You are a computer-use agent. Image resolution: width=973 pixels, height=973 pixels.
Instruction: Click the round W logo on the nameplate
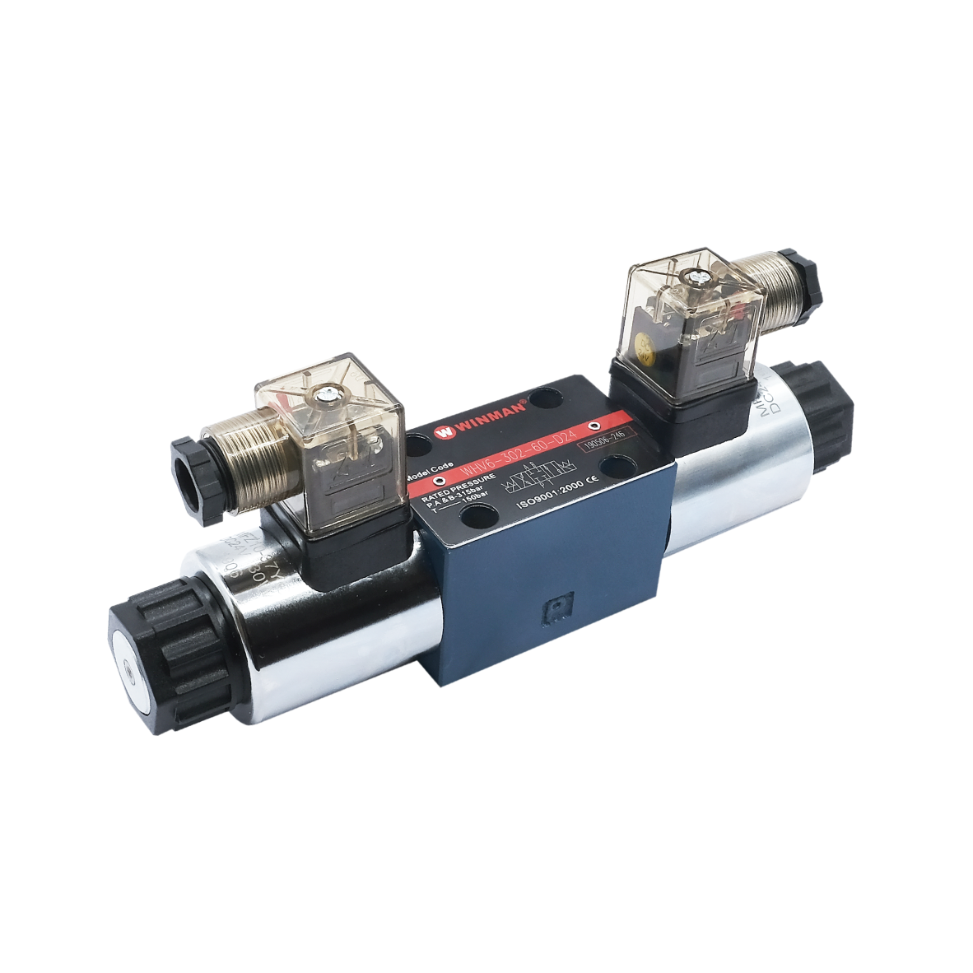point(445,430)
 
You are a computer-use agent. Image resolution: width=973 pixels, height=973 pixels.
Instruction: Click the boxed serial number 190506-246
point(603,443)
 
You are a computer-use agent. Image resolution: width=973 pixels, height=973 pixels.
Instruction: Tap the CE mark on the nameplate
point(591,483)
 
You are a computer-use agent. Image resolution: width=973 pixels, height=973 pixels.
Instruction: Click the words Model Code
point(430,468)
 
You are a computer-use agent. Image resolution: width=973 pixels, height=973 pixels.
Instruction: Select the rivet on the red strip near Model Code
point(438,481)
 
